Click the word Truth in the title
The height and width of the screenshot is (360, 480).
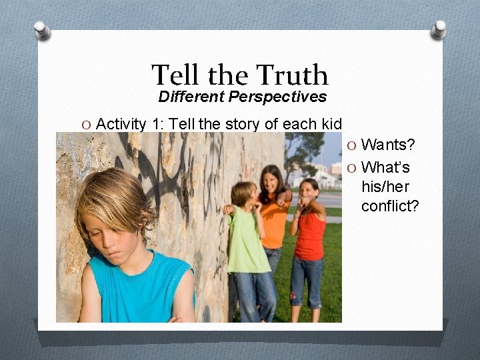[x=292, y=75]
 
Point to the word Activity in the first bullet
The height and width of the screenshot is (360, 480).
[x=121, y=124]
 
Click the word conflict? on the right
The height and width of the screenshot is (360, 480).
[x=390, y=206]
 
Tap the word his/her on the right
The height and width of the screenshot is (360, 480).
[x=385, y=187]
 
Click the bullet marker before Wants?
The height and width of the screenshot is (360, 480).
[x=351, y=146]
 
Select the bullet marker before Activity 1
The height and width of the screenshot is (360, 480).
[x=86, y=125]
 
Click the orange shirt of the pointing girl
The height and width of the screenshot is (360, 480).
[x=274, y=224]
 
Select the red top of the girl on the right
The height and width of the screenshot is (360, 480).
[x=309, y=236]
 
